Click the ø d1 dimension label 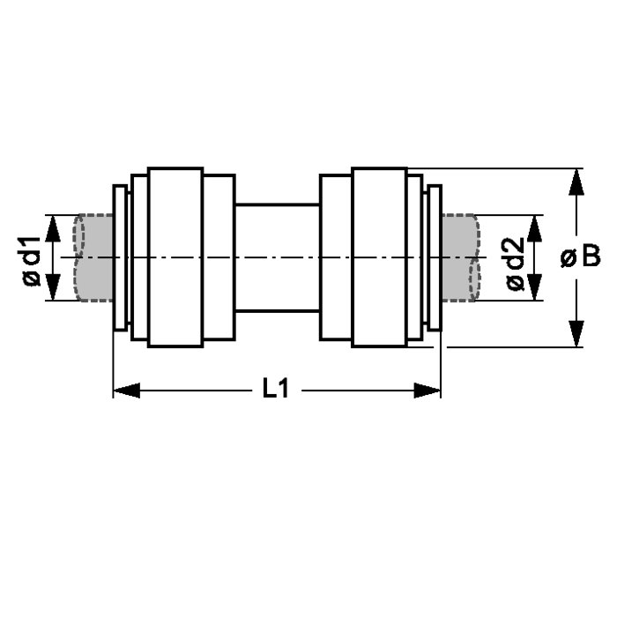(32, 261)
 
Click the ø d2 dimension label (515, 264)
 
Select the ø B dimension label (581, 256)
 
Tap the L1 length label (276, 388)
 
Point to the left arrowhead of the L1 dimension (127, 390)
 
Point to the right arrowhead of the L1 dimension (427, 390)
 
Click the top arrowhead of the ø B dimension (576, 182)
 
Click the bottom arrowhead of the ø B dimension (576, 334)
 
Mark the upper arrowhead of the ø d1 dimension (53, 228)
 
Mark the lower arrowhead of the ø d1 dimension (53, 287)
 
